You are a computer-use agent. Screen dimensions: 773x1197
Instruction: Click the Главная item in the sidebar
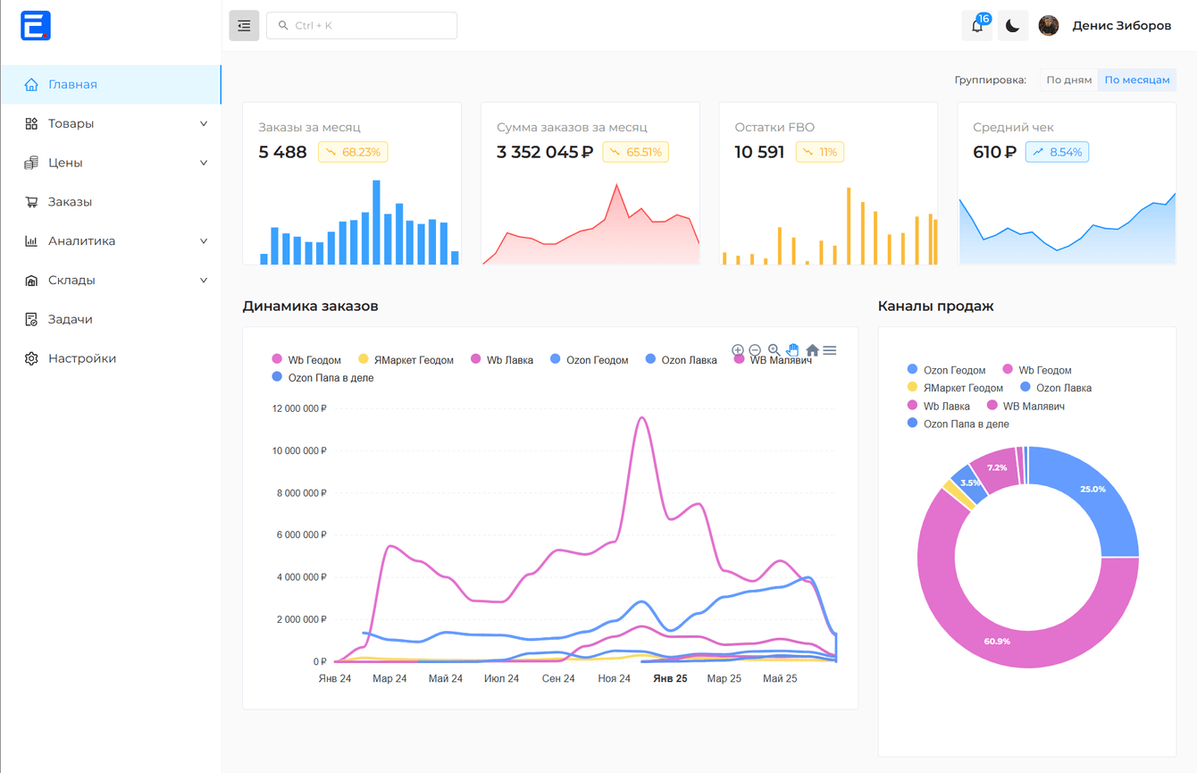(72, 85)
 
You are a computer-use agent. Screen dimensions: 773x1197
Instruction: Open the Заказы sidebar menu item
(70, 202)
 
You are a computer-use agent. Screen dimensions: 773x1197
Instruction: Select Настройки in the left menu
(81, 358)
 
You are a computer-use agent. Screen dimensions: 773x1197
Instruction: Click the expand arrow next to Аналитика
(204, 241)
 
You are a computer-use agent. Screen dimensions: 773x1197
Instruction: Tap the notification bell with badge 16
(977, 26)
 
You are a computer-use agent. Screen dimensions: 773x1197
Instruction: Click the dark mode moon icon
(1012, 26)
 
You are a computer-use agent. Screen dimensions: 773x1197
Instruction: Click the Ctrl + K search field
(362, 26)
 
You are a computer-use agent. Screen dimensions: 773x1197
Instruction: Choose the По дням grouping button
(1068, 80)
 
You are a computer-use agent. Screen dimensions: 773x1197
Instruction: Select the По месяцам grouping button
(1136, 80)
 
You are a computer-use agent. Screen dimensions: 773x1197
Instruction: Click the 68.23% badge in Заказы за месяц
(353, 153)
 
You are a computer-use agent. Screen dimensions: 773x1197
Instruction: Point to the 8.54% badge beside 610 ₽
(1057, 153)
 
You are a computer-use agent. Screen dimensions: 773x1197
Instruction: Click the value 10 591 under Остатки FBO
(758, 153)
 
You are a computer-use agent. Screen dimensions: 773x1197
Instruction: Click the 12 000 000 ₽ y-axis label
(298, 408)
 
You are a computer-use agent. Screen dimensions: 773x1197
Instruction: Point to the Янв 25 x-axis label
(670, 679)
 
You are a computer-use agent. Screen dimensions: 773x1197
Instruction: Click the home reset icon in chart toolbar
(812, 350)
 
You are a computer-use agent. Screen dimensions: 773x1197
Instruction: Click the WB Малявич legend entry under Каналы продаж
(1032, 407)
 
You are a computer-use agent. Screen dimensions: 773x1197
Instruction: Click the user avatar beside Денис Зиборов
(1049, 26)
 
